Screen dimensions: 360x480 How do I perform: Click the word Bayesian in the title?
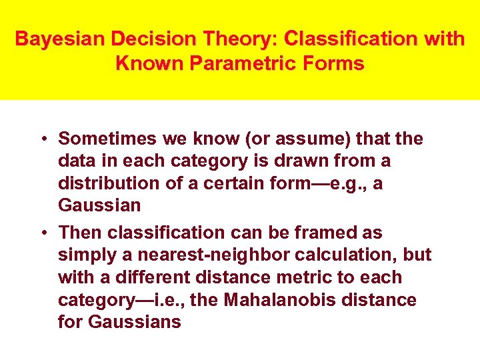point(60,39)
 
